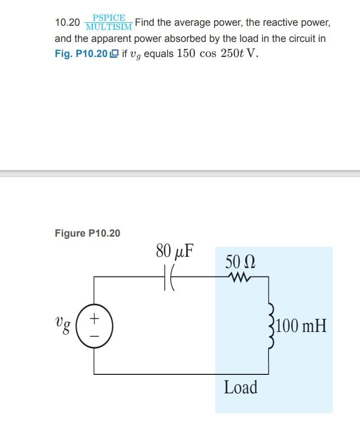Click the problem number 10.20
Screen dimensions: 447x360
67,23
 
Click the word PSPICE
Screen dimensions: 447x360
109,18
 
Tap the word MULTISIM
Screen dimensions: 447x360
109,27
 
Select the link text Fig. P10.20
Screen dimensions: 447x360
80,54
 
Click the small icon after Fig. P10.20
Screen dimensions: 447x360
114,54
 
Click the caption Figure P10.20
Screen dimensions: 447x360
87,233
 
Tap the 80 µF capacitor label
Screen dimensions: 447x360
175,251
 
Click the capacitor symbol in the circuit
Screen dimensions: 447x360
169,277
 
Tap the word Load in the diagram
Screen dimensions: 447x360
240,387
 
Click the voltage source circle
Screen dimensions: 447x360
95,326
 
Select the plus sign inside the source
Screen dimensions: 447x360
95,319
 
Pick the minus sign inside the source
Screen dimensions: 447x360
95,334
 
